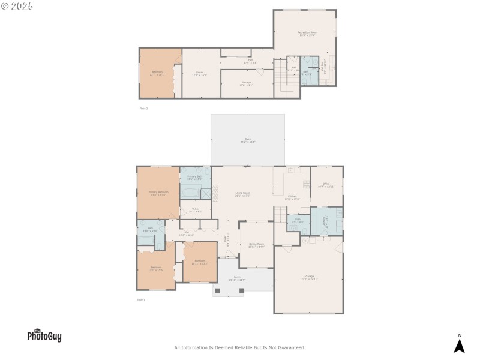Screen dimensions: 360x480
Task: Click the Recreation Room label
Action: click(x=308, y=34)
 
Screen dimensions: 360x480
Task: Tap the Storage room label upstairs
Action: click(x=247, y=83)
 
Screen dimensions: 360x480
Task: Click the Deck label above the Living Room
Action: click(x=247, y=140)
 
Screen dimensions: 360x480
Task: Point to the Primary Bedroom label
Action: click(x=158, y=193)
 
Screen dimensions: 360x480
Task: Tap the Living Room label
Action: click(x=242, y=194)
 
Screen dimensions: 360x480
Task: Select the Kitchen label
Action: click(x=292, y=197)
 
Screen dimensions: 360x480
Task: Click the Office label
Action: click(x=326, y=185)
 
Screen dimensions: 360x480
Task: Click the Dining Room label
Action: click(x=256, y=245)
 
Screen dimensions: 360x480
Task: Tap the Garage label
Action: click(x=309, y=278)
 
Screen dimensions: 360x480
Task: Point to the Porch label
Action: click(x=237, y=279)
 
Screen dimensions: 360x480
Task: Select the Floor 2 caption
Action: click(x=143, y=109)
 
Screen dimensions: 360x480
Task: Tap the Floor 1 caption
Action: click(x=142, y=299)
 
